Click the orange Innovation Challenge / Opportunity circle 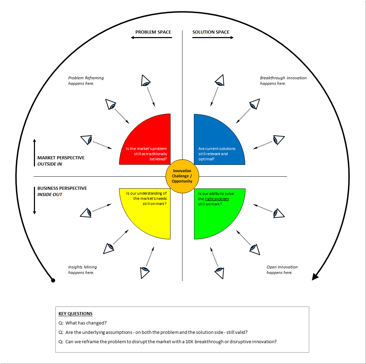(182, 176)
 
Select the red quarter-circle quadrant (149, 142)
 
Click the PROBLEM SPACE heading (153, 32)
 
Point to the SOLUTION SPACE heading (211, 32)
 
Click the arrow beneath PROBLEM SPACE (151, 37)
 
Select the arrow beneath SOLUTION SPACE (213, 37)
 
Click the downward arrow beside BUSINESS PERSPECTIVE (35, 201)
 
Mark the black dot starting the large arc (53, 280)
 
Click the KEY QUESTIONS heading (75, 314)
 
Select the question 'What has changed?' (86, 323)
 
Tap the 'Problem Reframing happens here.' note (86, 81)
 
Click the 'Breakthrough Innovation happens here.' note (283, 81)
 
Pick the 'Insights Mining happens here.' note (82, 270)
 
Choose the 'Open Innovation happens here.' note (282, 270)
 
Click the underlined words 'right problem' (217, 199)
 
